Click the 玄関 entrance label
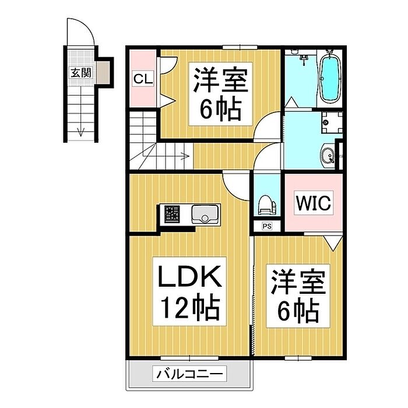click(x=81, y=73)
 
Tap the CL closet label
click(x=143, y=79)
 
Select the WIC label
click(x=314, y=203)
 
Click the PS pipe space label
click(x=267, y=226)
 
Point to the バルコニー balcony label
click(x=189, y=374)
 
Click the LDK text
click(x=189, y=276)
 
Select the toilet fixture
click(x=267, y=205)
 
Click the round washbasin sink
click(x=328, y=156)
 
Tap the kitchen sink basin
click(x=205, y=214)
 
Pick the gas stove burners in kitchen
click(x=172, y=214)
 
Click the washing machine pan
click(x=332, y=122)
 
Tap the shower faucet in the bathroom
click(x=304, y=59)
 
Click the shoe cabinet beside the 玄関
click(x=103, y=73)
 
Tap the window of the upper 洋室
click(x=240, y=47)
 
